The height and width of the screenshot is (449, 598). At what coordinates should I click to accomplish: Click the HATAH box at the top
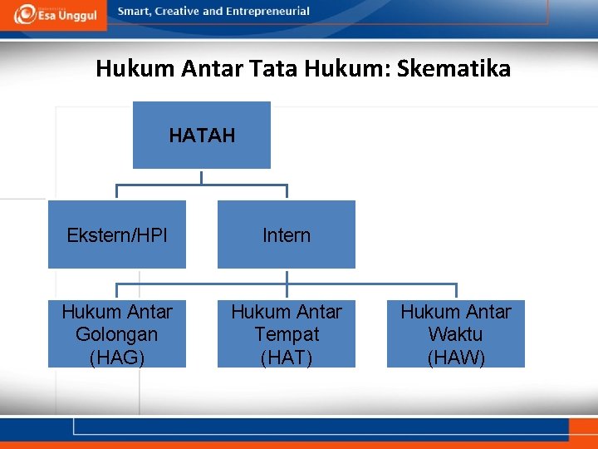coord(202,135)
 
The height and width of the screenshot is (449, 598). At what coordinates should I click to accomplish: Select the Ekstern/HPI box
coord(117,235)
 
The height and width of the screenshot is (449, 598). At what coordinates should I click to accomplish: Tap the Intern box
coord(287,235)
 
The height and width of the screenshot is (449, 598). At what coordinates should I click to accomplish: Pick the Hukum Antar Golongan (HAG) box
coord(117,334)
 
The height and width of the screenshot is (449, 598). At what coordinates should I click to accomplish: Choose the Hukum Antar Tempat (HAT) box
coord(287,334)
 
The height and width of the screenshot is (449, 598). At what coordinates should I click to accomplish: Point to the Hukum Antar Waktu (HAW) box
coord(456,334)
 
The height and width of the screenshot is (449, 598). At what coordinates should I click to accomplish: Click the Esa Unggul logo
coord(53,14)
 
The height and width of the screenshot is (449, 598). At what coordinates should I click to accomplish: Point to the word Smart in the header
coord(136,12)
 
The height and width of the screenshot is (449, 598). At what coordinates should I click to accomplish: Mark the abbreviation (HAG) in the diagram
coord(117,358)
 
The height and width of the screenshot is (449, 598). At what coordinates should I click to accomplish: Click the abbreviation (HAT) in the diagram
coord(287,358)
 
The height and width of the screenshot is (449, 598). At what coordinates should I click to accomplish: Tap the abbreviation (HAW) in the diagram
coord(456,358)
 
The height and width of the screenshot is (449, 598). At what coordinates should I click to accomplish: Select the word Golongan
coord(117,334)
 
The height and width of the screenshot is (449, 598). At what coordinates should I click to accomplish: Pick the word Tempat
coord(287,334)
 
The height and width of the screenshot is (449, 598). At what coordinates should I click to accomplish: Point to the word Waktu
coord(456,334)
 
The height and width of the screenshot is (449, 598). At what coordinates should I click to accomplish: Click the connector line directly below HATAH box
coord(202,176)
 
